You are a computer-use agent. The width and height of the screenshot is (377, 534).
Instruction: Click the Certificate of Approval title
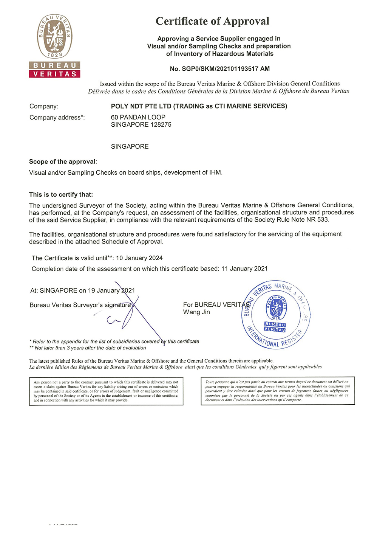click(x=212, y=21)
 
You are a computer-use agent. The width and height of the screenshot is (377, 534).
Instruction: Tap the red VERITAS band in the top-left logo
click(x=55, y=74)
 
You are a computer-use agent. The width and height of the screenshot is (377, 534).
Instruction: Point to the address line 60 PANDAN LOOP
click(x=138, y=117)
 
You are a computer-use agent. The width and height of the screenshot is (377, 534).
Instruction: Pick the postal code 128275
click(x=161, y=124)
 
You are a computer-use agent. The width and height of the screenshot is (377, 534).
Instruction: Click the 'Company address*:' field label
click(x=57, y=118)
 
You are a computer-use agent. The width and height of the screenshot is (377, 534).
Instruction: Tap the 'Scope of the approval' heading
click(x=63, y=161)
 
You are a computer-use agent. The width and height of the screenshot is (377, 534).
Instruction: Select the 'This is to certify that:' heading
click(x=61, y=194)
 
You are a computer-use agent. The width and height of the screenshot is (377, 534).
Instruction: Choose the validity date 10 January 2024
click(x=139, y=258)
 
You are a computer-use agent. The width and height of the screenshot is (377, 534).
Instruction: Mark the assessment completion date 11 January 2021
click(x=244, y=269)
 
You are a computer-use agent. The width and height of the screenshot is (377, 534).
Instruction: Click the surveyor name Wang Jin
click(x=196, y=312)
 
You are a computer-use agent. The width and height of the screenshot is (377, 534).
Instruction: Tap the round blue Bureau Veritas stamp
click(x=276, y=314)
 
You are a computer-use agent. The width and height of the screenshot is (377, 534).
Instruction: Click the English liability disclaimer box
click(x=106, y=391)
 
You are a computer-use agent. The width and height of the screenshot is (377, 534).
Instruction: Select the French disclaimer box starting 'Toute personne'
click(x=278, y=391)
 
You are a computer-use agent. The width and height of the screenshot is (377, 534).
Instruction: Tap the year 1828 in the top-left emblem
click(x=55, y=55)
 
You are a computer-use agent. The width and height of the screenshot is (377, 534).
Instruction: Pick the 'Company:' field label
click(x=44, y=106)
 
